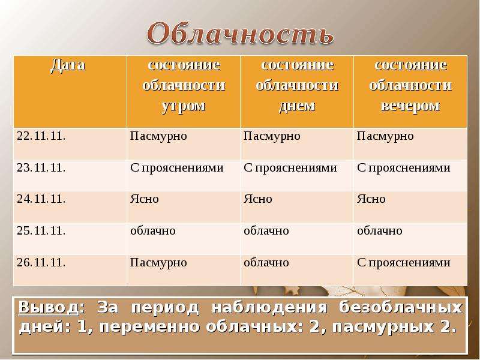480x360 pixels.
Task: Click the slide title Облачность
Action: (x=240, y=34)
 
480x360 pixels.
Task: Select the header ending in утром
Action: (x=183, y=86)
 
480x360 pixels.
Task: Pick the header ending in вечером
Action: (x=410, y=86)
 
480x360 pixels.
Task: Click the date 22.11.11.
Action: (x=41, y=136)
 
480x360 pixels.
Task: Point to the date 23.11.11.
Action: (x=41, y=168)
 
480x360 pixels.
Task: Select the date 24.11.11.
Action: (x=41, y=199)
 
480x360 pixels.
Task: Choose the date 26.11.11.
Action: (x=41, y=263)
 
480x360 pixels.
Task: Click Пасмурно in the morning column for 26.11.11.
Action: (x=158, y=263)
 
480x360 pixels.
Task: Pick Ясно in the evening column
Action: (x=371, y=199)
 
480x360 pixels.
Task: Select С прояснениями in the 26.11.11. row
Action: (x=403, y=263)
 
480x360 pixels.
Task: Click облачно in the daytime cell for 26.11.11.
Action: (x=266, y=263)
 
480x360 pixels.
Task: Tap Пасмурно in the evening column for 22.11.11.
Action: (x=385, y=136)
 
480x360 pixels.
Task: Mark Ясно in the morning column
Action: (x=145, y=199)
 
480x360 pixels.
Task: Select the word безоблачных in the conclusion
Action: (x=401, y=308)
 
